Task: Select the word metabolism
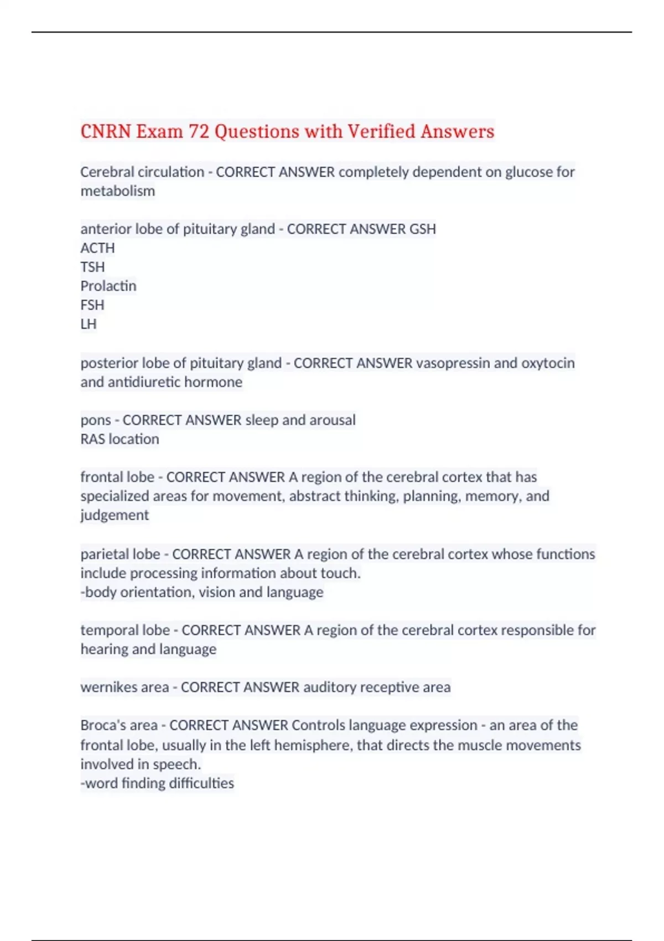click(117, 191)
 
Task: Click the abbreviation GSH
click(422, 229)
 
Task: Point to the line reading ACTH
click(97, 248)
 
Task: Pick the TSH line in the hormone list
click(92, 267)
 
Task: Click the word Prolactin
click(108, 286)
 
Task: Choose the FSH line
click(92, 305)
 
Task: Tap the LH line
click(89, 324)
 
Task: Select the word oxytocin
click(548, 363)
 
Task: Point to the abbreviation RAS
click(92, 439)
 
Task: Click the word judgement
click(115, 515)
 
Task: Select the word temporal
click(108, 630)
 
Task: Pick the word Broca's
click(102, 725)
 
